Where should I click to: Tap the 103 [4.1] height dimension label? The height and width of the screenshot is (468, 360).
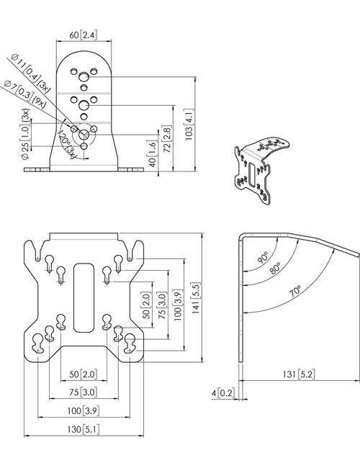click(189, 125)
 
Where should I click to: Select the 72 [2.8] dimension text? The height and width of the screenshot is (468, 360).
click(167, 140)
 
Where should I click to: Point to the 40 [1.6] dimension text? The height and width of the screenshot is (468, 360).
click(152, 154)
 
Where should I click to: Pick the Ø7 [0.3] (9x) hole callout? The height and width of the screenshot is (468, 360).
click(24, 95)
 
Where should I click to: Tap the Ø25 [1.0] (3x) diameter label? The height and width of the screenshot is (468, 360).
click(25, 135)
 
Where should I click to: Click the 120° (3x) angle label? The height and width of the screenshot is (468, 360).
click(68, 145)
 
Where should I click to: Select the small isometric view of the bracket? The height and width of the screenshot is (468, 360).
click(261, 170)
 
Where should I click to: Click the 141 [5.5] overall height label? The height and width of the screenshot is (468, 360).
click(196, 297)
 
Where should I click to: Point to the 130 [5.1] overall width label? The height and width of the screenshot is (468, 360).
click(83, 429)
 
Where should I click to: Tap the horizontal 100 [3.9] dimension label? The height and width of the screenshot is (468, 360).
click(83, 410)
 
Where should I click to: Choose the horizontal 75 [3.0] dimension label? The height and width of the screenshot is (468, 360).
click(84, 392)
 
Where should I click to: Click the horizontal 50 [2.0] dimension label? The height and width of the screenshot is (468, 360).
click(84, 374)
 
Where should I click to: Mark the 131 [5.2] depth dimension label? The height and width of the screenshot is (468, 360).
click(299, 374)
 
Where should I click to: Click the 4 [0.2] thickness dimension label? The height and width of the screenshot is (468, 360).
click(222, 393)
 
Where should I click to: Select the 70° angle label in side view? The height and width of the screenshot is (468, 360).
click(295, 290)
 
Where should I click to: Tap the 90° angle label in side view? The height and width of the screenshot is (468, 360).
click(263, 257)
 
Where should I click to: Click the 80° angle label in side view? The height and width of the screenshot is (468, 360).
click(275, 268)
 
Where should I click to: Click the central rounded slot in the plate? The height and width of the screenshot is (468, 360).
click(84, 297)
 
